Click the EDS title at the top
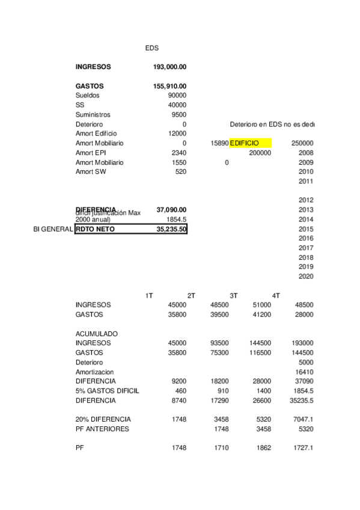pos(152,48)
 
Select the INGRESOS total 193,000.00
pos(169,67)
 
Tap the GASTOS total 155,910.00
pos(169,86)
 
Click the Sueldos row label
pos(88,96)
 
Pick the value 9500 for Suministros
pos(178,114)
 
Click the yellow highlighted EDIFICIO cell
pos(250,143)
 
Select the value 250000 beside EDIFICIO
pos(302,143)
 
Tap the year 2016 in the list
pos(306,238)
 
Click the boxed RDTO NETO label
pos(95,229)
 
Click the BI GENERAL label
pos(53,229)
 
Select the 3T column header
pos(234,295)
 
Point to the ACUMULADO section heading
pos(97,333)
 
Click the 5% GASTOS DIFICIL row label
pos(108,390)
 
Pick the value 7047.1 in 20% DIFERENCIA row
pos(303,419)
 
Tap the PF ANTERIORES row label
pos(102,429)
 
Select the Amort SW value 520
pos(180,172)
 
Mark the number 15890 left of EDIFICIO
pos(219,143)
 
